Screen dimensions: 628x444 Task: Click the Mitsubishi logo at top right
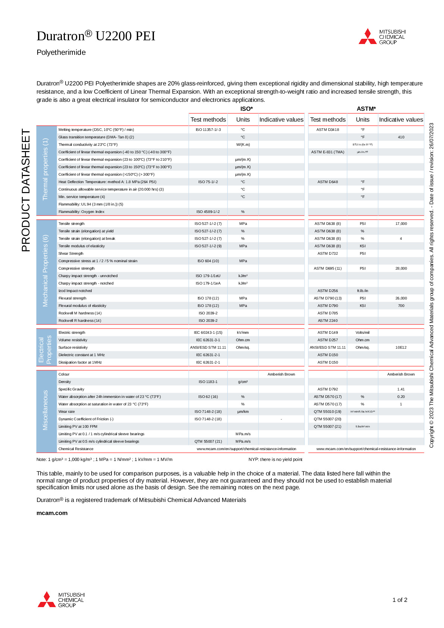[x=382, y=37]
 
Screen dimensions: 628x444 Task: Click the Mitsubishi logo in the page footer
[x=62, y=600]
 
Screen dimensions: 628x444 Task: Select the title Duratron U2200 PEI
[x=96, y=36]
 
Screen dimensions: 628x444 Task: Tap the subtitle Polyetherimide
[x=61, y=52]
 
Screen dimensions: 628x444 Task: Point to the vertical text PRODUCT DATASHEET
[x=26, y=190]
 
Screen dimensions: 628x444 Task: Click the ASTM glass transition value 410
[x=401, y=137]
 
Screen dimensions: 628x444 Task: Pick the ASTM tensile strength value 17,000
[x=401, y=224]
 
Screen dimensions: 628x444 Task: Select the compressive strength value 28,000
[x=401, y=269]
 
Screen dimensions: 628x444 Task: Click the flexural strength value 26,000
[x=401, y=298]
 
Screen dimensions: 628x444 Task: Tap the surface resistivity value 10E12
[x=401, y=348]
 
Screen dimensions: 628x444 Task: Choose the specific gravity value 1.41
[x=401, y=389]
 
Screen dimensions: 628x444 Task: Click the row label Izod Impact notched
[x=75, y=291]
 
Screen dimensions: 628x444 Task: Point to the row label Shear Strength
[x=71, y=254]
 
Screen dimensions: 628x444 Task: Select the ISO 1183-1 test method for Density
[x=208, y=382]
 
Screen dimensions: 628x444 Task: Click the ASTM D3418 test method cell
[x=328, y=130]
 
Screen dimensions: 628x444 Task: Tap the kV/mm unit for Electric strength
[x=243, y=333]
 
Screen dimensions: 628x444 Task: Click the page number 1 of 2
[x=400, y=600]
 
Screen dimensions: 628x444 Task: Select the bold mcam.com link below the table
[x=52, y=513]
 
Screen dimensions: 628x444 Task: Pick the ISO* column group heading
[x=246, y=109]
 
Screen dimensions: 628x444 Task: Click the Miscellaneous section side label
[x=46, y=410]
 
